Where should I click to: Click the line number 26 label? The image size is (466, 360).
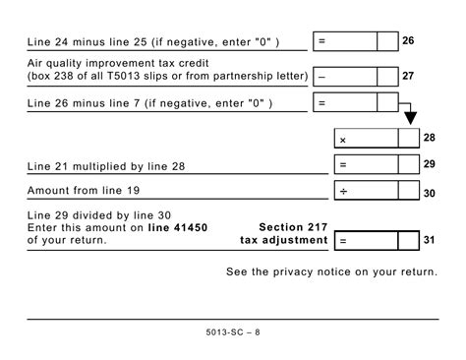[408, 42]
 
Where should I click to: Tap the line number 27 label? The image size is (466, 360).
[408, 76]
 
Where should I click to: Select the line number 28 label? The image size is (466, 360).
[429, 139]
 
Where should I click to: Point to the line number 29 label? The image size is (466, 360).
[429, 165]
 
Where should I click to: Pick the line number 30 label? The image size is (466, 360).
[429, 194]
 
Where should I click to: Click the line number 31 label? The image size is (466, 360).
[429, 239]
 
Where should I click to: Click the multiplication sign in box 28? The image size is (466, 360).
[343, 141]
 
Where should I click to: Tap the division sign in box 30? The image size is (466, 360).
[343, 192]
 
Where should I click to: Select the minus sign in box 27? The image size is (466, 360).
[322, 76]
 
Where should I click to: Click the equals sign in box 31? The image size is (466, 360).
[343, 240]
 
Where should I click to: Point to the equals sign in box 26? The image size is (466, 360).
[322, 42]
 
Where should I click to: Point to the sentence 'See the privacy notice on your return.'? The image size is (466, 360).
[331, 270]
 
